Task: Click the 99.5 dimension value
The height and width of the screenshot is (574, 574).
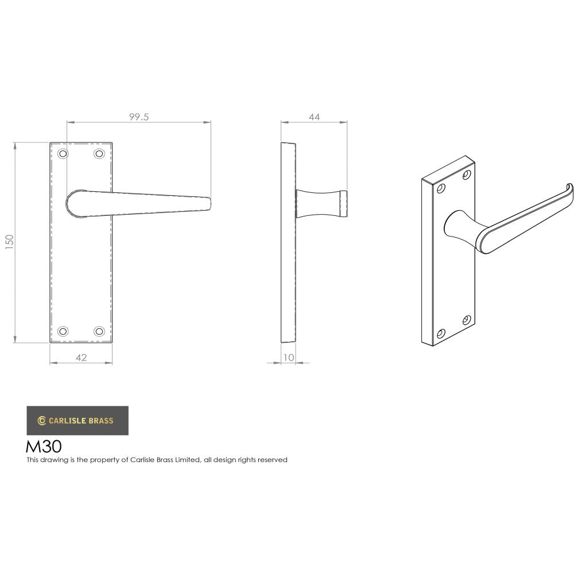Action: point(139,117)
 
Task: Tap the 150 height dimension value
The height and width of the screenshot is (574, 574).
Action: point(9,242)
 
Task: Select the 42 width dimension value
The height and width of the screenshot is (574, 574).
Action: point(81,358)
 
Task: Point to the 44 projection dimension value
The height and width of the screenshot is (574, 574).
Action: point(314,117)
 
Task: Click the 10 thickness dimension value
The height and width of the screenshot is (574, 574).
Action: point(289,358)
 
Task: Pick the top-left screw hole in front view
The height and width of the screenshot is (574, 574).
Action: point(63,154)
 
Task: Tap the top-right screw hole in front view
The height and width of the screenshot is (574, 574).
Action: point(99,154)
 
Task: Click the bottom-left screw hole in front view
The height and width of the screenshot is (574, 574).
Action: point(63,331)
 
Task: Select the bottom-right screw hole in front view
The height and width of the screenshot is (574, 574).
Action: point(99,331)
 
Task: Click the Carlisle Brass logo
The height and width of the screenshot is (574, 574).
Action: point(77,421)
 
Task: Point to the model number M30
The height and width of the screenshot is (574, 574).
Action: point(44,447)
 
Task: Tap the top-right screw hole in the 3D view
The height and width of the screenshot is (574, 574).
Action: point(467,173)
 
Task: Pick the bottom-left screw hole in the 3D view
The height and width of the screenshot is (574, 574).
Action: point(441,333)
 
